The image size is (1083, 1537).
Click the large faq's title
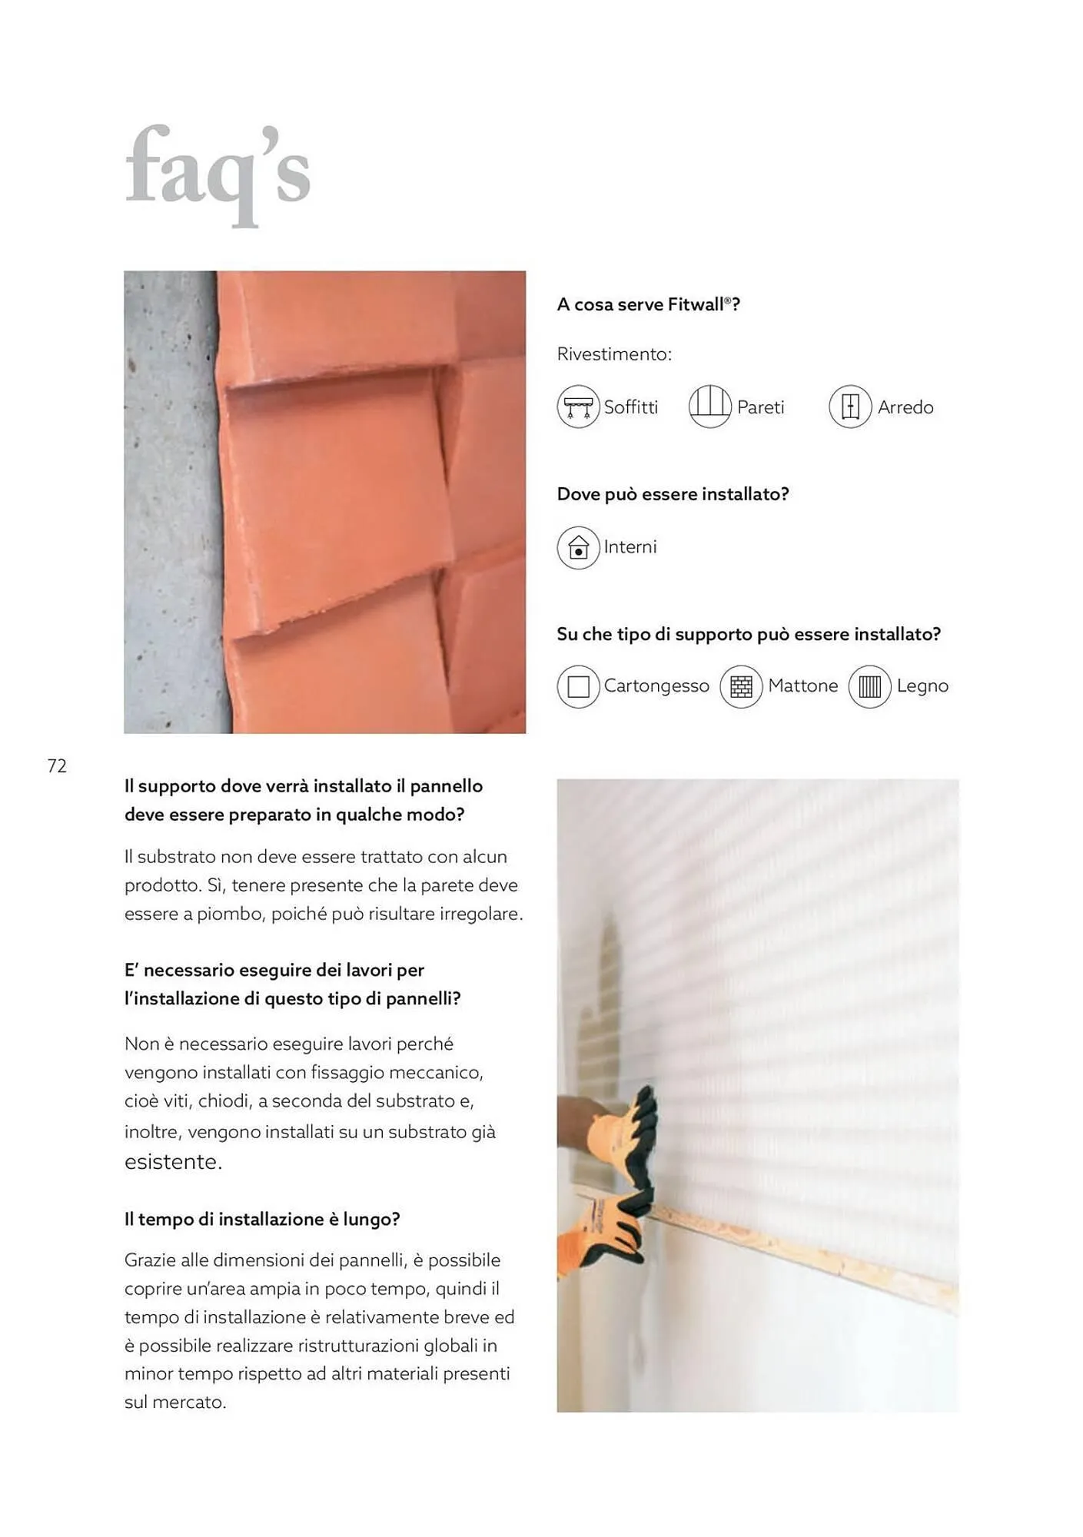point(218,175)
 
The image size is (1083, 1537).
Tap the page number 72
point(57,765)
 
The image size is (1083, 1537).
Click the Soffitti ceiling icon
point(578,407)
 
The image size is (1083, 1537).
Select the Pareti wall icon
point(709,407)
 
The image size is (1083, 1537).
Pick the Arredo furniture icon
point(850,407)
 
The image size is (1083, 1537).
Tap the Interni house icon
point(578,547)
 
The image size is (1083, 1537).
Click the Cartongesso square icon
point(578,686)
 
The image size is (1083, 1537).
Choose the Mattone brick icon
point(741,686)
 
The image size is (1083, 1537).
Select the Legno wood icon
point(869,686)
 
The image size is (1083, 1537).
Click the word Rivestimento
point(614,354)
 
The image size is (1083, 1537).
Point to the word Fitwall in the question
point(696,304)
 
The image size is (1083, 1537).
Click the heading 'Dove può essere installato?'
point(673,494)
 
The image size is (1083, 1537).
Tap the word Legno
point(922,686)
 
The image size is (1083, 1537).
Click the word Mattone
point(803,686)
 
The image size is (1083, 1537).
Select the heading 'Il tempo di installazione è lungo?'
point(262,1220)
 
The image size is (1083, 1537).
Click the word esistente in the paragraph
point(173,1161)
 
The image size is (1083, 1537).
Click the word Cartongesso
point(656,686)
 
